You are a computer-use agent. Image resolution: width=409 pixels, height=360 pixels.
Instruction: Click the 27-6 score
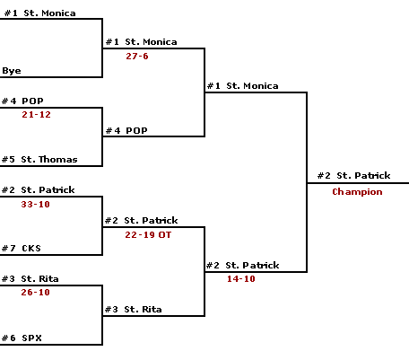pos(137,56)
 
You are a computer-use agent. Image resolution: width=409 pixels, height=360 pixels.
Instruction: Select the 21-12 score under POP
pos(36,114)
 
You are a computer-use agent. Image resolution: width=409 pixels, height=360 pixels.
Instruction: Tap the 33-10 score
pos(35,204)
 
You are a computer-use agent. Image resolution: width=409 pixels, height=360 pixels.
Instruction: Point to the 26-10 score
pos(35,292)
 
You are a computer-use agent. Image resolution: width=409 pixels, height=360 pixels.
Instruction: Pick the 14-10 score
pos(241,278)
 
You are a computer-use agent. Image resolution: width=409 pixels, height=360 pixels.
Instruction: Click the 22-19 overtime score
pos(148,234)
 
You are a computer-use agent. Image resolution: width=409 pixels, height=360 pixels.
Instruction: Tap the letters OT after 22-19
pos(165,234)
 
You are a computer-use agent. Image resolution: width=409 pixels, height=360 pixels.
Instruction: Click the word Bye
pos(12,71)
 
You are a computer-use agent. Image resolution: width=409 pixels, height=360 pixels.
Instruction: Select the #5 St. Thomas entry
pos(39,159)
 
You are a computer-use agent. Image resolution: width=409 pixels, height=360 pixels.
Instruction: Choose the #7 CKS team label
pos(22,248)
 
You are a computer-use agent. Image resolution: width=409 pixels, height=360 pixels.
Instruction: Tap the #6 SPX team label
pos(22,338)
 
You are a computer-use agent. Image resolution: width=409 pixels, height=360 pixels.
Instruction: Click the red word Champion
pos(357,191)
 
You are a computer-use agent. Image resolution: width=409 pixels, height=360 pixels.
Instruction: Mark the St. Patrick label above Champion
pos(363,175)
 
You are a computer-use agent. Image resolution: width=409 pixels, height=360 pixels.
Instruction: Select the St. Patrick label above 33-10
pos(48,189)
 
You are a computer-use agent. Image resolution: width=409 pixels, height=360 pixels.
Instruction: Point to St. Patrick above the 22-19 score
pos(151,220)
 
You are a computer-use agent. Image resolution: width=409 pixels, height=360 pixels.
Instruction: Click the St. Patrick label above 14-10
pos(252,265)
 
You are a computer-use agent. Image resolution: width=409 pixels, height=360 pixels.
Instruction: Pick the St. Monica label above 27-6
pos(151,41)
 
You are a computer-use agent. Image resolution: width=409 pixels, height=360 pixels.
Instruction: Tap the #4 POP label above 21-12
pos(22,101)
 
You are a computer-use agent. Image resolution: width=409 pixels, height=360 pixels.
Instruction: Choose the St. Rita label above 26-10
pos(39,278)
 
